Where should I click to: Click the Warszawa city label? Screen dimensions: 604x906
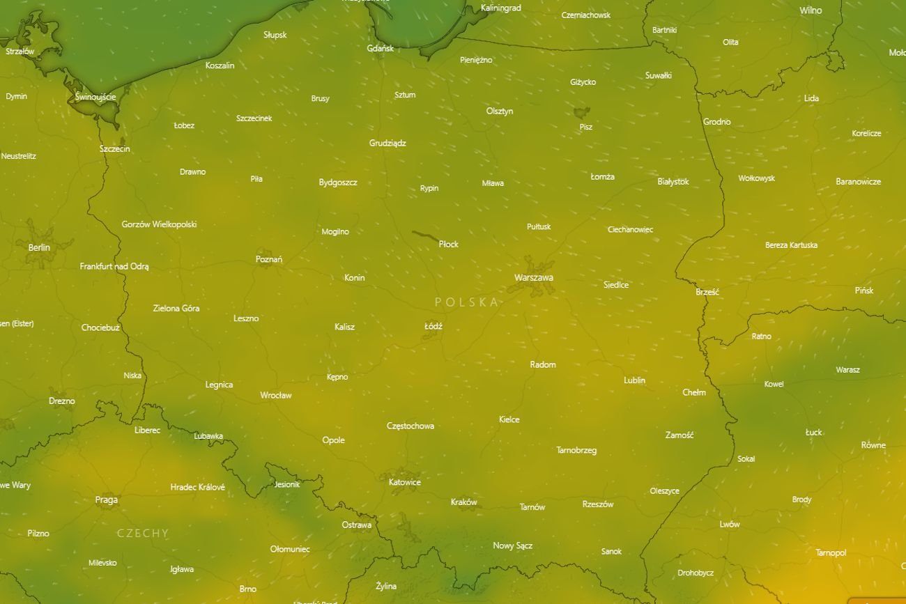coord(534,277)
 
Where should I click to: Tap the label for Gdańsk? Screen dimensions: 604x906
coord(381,48)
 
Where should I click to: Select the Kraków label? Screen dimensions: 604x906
coord(464,502)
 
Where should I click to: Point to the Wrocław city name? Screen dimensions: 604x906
coord(276,395)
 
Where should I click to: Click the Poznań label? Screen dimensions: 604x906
coord(269,259)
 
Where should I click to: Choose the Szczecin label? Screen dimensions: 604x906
coord(115,148)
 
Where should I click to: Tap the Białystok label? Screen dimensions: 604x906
coord(673,181)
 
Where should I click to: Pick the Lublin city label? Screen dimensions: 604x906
coord(634,380)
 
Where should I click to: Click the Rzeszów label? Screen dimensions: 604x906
coord(598,504)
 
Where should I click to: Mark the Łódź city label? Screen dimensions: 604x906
coord(433,326)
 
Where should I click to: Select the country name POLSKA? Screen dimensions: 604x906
coord(467,302)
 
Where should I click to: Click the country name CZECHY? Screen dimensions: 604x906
coord(143,533)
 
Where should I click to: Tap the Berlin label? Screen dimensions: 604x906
coord(39,247)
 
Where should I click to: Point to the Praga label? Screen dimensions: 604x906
coord(107,500)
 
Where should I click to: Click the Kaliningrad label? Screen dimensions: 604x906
coord(501,8)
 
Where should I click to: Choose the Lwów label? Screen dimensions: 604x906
coord(730,524)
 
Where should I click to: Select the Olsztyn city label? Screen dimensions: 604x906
coord(500,111)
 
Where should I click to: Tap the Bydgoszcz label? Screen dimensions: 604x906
coord(338,183)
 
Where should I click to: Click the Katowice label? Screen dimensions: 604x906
coord(405,482)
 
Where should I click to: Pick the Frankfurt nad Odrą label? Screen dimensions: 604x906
coord(114,266)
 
